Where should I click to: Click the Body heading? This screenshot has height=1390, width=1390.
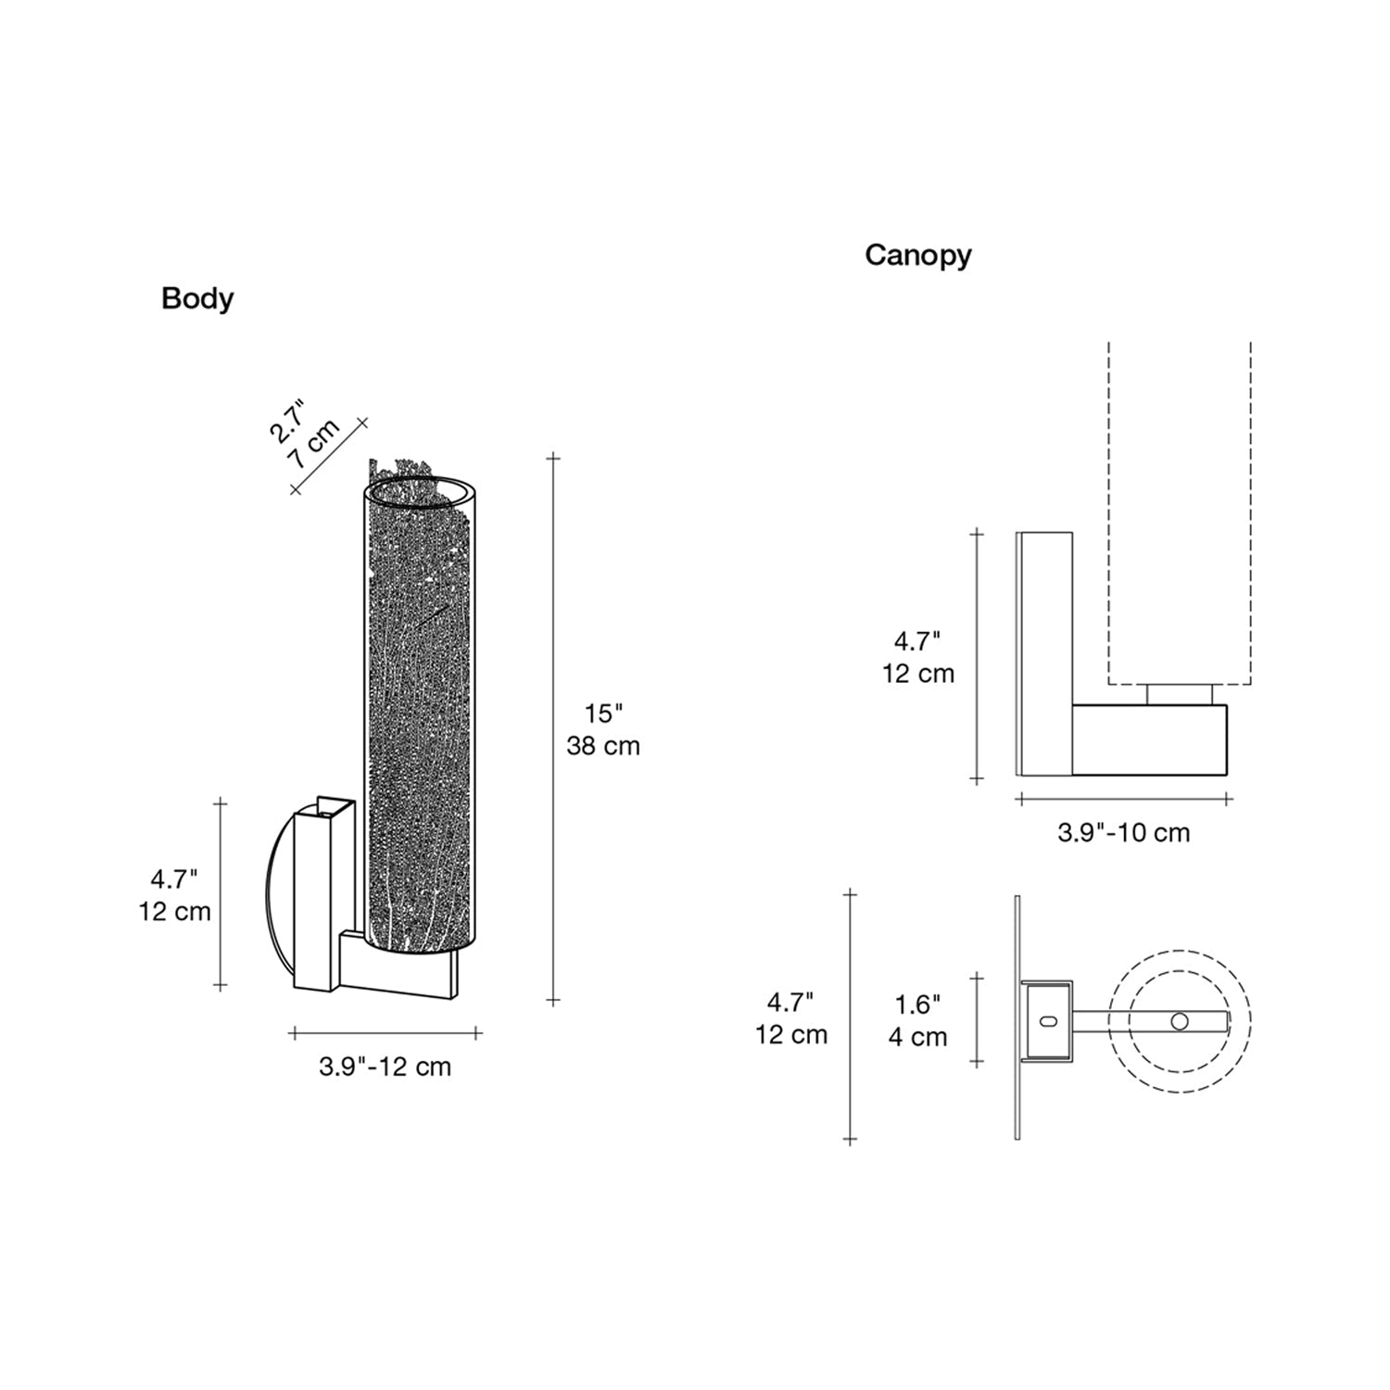point(197,298)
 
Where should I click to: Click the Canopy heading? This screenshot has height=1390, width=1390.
point(918,255)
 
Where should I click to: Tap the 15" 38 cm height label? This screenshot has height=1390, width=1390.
point(603,729)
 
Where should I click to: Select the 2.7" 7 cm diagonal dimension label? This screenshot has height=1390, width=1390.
point(304,431)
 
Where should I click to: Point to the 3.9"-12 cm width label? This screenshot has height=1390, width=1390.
point(385,1067)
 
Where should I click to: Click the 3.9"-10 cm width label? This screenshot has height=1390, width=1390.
point(1123,832)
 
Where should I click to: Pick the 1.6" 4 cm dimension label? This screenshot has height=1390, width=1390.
point(917,1020)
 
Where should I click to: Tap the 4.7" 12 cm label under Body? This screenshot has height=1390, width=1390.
point(175,895)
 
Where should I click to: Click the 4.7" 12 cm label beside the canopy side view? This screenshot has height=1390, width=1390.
point(917,657)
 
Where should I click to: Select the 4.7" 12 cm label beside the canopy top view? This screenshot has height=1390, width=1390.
point(790,1017)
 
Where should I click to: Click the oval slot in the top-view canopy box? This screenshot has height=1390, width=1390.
point(1048,1020)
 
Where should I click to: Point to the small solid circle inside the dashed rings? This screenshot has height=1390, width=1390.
point(1179,1021)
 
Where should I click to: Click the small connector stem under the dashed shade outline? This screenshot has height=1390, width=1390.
point(1180,695)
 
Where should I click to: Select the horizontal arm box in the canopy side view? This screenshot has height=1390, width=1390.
point(1150,739)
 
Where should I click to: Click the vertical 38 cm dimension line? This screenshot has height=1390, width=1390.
point(554,729)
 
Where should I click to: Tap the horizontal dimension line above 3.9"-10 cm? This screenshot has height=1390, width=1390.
point(1124,798)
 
